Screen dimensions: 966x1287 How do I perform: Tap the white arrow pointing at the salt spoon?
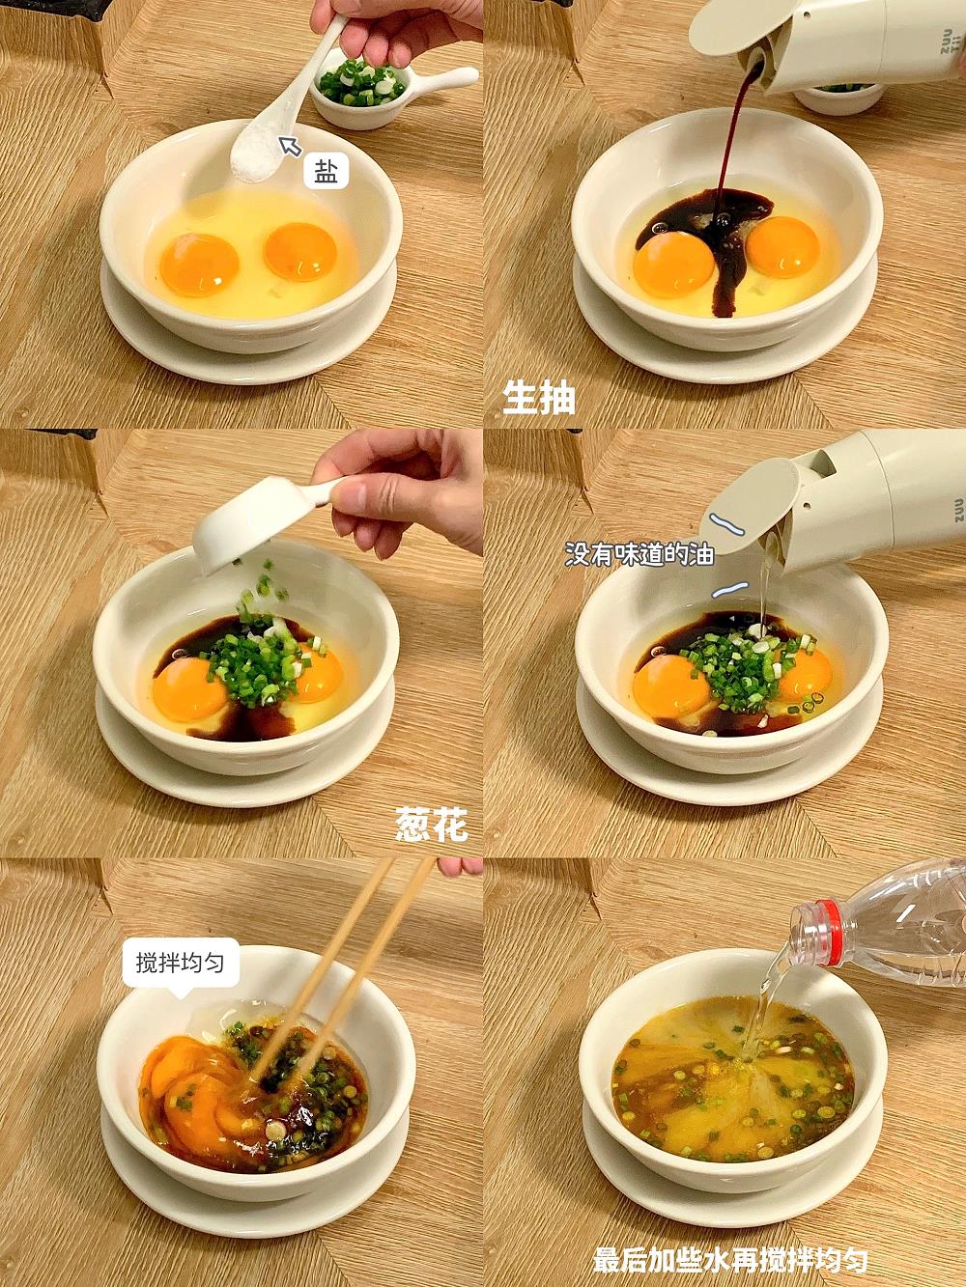pos(290,146)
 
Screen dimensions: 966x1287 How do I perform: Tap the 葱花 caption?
pos(431,825)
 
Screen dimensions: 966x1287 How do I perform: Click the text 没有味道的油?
pos(639,554)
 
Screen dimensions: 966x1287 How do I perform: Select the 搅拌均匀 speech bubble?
pos(180,964)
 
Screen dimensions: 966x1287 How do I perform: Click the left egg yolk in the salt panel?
pos(199,265)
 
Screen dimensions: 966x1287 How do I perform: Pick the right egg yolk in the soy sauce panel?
pos(783,246)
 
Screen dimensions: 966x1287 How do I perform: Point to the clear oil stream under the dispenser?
pos(764,580)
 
